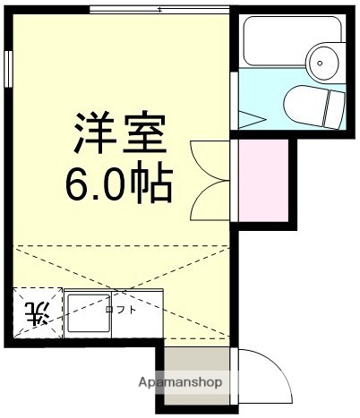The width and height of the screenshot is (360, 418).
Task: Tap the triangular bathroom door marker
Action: pyautogui.click(x=252, y=116)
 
